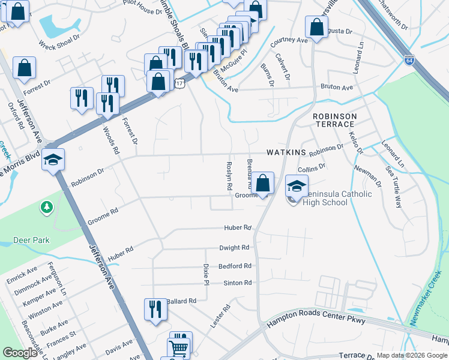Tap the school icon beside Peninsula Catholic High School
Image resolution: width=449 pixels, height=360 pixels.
pos(297,186)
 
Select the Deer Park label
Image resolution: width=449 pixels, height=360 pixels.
pos(31,241)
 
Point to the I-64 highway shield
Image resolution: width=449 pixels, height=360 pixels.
pos(409,61)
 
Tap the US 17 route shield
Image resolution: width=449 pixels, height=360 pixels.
pos(179,84)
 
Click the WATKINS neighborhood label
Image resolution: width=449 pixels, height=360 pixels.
pos(286,153)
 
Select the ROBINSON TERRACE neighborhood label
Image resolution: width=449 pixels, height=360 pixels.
pos(334,120)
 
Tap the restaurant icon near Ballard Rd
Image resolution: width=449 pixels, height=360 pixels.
pos(155,310)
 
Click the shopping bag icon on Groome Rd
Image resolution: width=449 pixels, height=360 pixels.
pos(262,183)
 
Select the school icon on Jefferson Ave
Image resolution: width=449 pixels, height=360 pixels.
pos(53,160)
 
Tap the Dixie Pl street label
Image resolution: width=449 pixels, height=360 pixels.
pos(206,274)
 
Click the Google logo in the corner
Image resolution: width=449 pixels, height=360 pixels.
pos(20,353)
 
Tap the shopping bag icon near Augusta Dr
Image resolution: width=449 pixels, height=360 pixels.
pos(316,27)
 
